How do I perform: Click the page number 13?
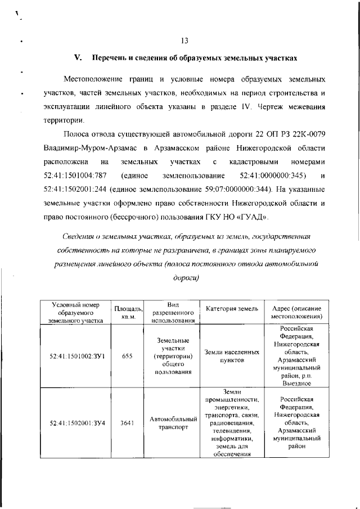point(184,40)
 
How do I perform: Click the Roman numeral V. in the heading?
point(79,58)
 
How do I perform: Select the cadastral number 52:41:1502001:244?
point(75,191)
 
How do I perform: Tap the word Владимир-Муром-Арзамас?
point(92,147)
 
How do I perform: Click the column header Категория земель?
point(232,309)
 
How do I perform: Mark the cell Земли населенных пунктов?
point(232,356)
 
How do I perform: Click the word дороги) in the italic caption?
point(183,277)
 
